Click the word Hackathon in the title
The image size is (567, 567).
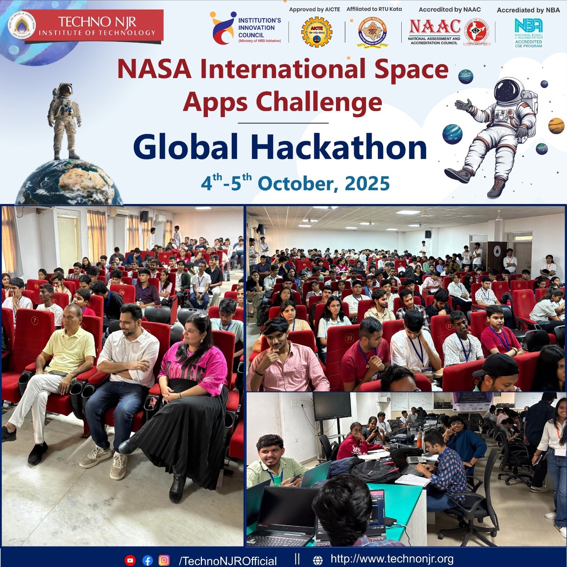tap(339, 148)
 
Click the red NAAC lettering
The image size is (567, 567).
tap(435, 27)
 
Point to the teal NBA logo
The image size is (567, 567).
tap(528, 26)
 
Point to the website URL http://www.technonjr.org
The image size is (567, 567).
tap(392, 559)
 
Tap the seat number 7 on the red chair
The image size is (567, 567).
tap(35, 321)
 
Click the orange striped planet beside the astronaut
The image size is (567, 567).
tap(556, 126)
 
